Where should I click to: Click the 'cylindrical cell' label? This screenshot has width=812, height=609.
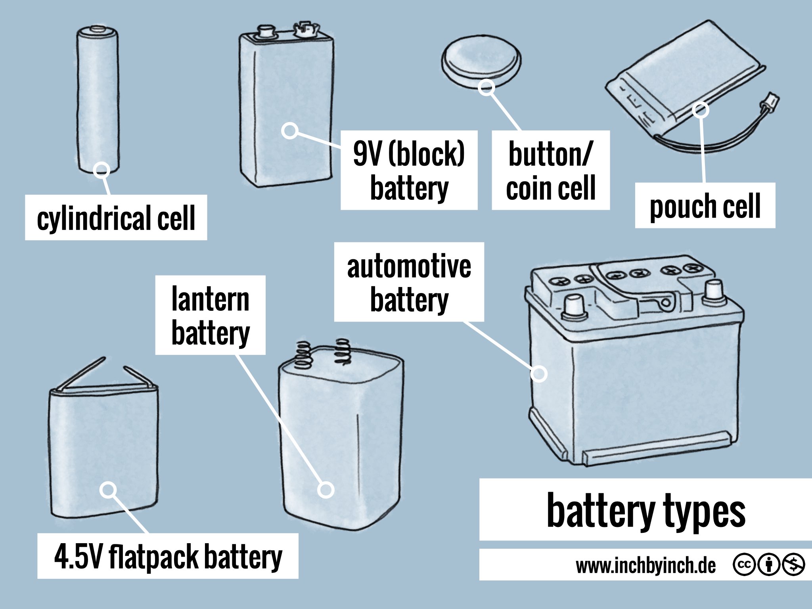tap(116, 218)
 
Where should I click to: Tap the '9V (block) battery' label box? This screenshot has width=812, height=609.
tap(409, 170)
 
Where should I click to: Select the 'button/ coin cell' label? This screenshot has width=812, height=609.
tap(550, 170)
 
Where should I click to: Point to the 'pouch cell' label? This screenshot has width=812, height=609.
tap(705, 205)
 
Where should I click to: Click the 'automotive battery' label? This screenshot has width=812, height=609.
tap(409, 282)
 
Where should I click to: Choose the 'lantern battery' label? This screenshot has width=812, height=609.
tap(210, 315)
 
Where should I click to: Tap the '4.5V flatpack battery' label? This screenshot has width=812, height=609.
tap(168, 556)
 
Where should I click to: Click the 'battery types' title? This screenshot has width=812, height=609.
tap(645, 510)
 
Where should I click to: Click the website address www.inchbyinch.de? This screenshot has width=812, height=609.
tap(645, 565)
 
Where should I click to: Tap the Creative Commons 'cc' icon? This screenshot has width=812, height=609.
tap(744, 565)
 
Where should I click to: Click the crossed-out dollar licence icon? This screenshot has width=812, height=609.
tap(793, 565)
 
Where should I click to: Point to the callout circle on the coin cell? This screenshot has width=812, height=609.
tap(486, 87)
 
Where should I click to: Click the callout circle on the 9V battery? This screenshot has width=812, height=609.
tap(290, 130)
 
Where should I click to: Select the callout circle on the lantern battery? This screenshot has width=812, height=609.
tap(326, 490)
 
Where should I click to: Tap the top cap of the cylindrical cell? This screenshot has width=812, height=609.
tap(98, 29)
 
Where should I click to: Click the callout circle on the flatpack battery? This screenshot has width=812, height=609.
tap(108, 490)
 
